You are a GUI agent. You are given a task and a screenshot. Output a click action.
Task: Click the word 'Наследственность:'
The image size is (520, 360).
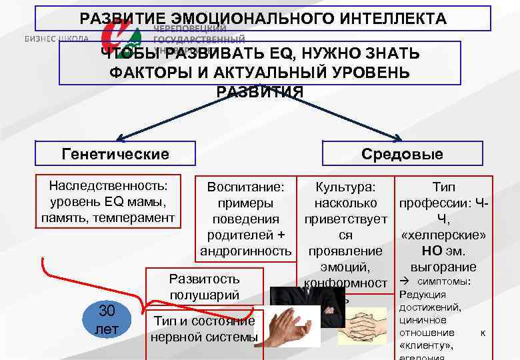click(108, 187)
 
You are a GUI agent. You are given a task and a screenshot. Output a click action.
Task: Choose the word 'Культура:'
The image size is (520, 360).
click(345, 187)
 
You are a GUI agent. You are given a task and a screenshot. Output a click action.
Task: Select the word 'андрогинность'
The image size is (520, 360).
click(246, 251)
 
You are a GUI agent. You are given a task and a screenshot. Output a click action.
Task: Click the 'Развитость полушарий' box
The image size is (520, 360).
click(205, 286)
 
